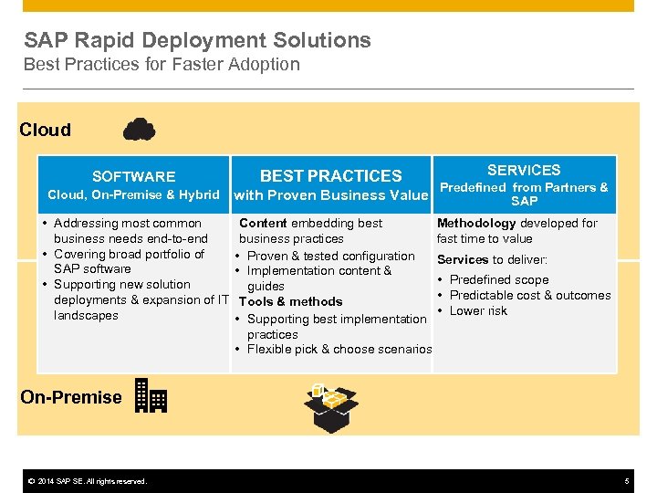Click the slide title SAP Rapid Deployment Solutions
pos(197,40)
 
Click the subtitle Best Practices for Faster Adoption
pos(162,65)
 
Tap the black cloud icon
pos(139,130)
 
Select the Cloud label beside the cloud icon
pos(46,130)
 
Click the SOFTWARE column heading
pos(133,177)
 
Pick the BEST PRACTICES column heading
pos(330,176)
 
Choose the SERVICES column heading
pos(524,171)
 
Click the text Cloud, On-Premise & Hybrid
pos(133,194)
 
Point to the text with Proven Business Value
pos(330,194)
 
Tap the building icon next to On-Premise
pos(151,396)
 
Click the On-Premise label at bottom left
pos(71,397)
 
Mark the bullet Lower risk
pos(478,310)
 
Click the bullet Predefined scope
pos(499,280)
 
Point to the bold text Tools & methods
pos(290,301)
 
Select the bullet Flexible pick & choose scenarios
pos(339,349)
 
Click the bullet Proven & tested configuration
pos(330,256)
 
